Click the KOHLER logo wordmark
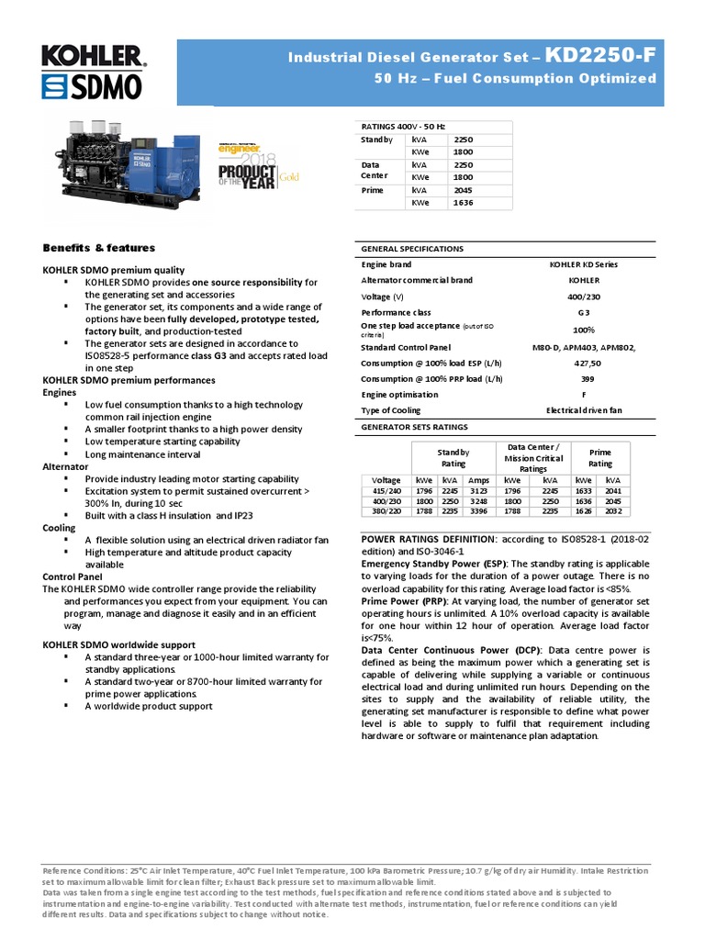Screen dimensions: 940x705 tap(92, 58)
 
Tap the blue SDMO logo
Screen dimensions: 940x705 tap(92, 87)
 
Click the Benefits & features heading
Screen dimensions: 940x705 tap(99, 248)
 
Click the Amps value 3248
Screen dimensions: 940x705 tap(478, 501)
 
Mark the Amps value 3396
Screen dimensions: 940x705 tap(478, 512)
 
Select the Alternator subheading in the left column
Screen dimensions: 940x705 tap(66, 466)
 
